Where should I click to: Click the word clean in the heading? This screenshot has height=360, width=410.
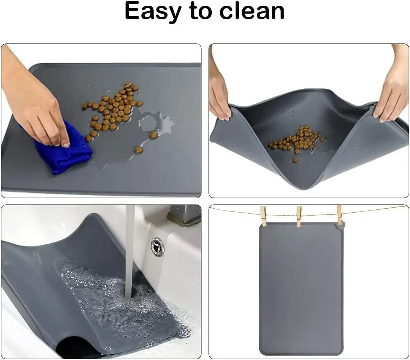point(252,11)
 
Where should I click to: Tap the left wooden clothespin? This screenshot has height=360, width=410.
point(264,216)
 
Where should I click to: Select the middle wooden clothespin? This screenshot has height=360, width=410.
point(299,216)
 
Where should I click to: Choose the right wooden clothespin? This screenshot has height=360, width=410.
point(339,215)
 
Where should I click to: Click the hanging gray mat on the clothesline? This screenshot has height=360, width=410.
point(301,286)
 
